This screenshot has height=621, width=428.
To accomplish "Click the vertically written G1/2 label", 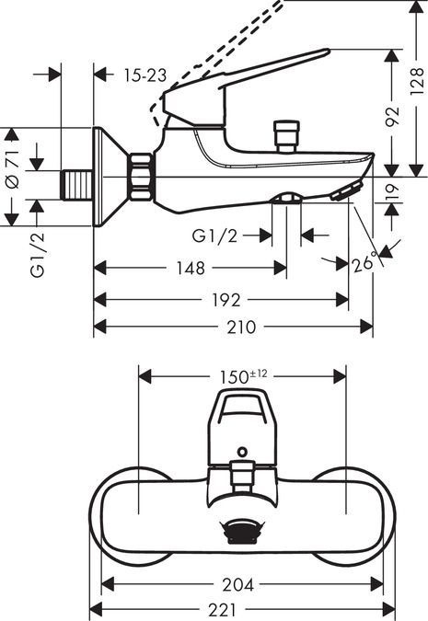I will click(x=37, y=257).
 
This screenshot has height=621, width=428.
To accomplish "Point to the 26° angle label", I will click(x=365, y=265).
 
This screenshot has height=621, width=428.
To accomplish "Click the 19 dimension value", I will click(x=392, y=191).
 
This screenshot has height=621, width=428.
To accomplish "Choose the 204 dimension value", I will click(x=241, y=584).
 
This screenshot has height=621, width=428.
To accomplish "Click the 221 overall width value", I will click(x=241, y=610).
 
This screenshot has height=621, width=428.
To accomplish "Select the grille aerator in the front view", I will click(x=241, y=531).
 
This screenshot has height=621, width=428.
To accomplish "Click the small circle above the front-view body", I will click(x=241, y=453).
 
